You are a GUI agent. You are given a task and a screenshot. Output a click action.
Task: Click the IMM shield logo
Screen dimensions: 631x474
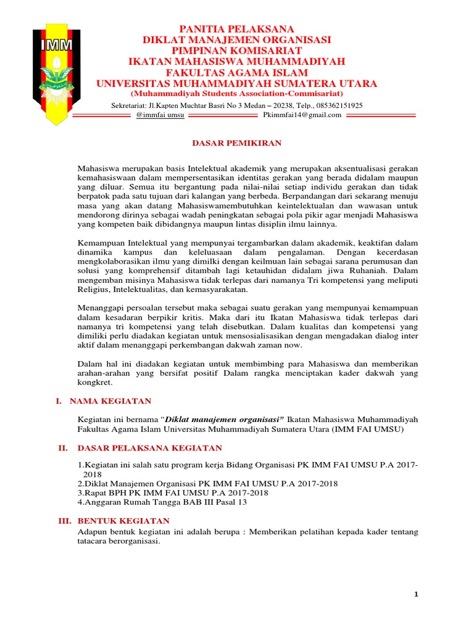click(x=56, y=72)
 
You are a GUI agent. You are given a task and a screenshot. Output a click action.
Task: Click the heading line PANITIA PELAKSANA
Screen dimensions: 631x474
click(x=236, y=29)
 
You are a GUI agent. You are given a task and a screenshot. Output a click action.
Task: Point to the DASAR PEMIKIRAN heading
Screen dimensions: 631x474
click(x=236, y=143)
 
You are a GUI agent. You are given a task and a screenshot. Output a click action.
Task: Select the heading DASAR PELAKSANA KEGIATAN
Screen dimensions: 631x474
click(x=146, y=448)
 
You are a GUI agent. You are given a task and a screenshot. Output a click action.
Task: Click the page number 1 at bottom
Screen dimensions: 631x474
click(x=416, y=595)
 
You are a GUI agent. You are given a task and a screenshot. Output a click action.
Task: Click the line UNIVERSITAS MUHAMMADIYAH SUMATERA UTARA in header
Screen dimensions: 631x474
click(x=236, y=84)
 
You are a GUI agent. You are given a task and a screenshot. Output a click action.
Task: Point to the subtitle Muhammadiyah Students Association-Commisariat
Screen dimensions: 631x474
click(x=236, y=94)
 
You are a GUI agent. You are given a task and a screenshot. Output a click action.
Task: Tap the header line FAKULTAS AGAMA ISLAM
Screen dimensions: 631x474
click(x=236, y=73)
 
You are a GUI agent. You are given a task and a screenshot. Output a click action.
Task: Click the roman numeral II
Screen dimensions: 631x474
click(x=62, y=448)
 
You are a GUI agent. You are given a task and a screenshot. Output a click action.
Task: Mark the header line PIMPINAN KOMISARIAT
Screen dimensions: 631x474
click(x=236, y=51)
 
